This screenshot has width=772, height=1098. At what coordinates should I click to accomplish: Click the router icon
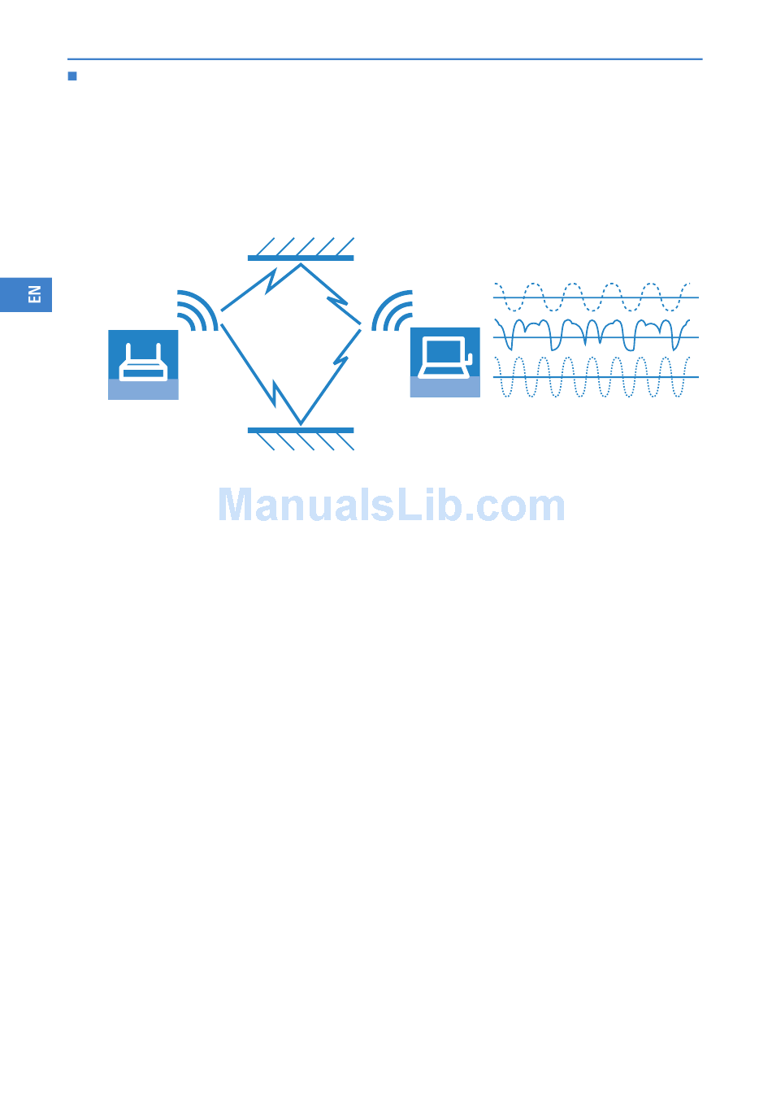pyautogui.click(x=143, y=364)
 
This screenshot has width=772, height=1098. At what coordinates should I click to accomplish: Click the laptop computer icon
pyautogui.click(x=445, y=362)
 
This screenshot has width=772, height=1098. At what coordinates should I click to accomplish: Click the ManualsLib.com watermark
pyautogui.click(x=391, y=506)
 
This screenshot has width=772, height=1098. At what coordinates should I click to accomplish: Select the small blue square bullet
pyautogui.click(x=72, y=76)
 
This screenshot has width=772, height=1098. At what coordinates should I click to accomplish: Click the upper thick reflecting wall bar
pyautogui.click(x=301, y=258)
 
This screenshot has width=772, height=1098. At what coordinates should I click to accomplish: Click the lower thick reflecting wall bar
pyautogui.click(x=301, y=430)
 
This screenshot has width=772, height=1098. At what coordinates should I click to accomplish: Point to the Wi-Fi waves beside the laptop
pyautogui.click(x=393, y=311)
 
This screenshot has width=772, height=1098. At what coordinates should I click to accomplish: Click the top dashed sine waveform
pyautogui.click(x=592, y=297)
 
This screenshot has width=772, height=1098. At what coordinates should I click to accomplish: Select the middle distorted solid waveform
pyautogui.click(x=592, y=334)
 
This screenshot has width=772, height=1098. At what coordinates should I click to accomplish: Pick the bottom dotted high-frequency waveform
pyautogui.click(x=592, y=377)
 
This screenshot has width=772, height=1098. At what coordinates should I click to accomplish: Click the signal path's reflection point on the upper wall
pyautogui.click(x=301, y=264)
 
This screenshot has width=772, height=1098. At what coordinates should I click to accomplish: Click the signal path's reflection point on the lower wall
pyautogui.click(x=301, y=423)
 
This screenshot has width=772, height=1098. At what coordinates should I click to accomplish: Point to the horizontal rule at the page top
pyautogui.click(x=384, y=59)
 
